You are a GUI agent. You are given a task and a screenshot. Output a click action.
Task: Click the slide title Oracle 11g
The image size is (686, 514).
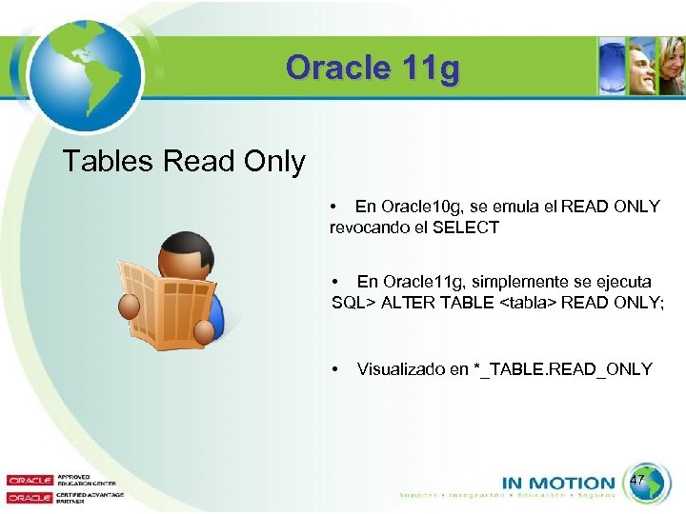373,69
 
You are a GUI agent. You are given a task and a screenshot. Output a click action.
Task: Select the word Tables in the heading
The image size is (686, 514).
108,162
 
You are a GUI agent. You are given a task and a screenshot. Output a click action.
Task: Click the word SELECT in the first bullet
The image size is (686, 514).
466,227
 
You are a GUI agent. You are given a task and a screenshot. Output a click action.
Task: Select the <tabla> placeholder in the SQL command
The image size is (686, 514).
528,303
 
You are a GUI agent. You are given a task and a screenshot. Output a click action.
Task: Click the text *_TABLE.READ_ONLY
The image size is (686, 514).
563,369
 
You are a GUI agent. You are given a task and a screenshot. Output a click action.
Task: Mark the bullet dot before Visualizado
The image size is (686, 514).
335,369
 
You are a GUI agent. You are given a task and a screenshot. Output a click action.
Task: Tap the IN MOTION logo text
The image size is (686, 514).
557,483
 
